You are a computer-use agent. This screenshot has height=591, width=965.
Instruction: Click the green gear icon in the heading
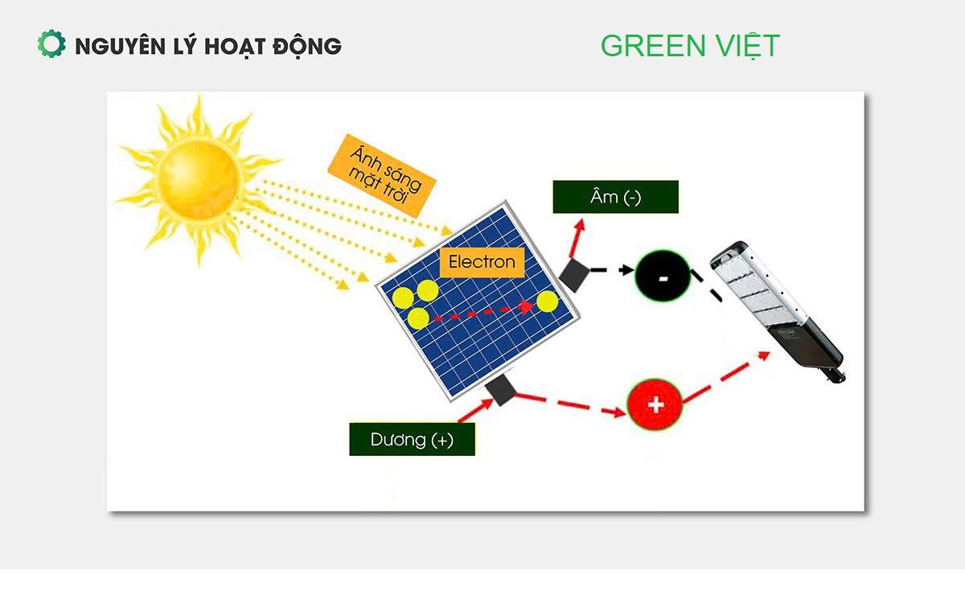click(x=51, y=44)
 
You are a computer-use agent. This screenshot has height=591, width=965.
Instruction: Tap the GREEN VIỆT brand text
click(x=689, y=46)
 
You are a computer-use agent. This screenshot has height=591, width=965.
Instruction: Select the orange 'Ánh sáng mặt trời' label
click(x=380, y=175)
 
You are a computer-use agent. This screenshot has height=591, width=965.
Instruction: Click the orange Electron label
click(x=481, y=262)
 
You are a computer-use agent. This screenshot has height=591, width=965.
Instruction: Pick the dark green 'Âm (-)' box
click(x=615, y=197)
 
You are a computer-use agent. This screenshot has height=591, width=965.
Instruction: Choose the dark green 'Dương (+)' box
click(x=412, y=440)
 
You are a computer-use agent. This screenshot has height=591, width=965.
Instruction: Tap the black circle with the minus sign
click(x=663, y=277)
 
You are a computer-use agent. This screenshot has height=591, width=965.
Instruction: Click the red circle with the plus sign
click(x=655, y=404)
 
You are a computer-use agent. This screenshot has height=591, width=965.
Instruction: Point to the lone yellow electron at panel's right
click(x=547, y=302)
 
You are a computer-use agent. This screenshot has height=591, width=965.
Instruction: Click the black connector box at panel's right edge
click(x=574, y=275)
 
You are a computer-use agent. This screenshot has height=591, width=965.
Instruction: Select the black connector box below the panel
click(x=503, y=391)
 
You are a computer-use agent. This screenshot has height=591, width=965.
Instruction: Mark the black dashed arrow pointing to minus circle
click(x=613, y=270)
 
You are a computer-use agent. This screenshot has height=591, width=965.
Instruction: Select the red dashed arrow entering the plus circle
click(x=571, y=404)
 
